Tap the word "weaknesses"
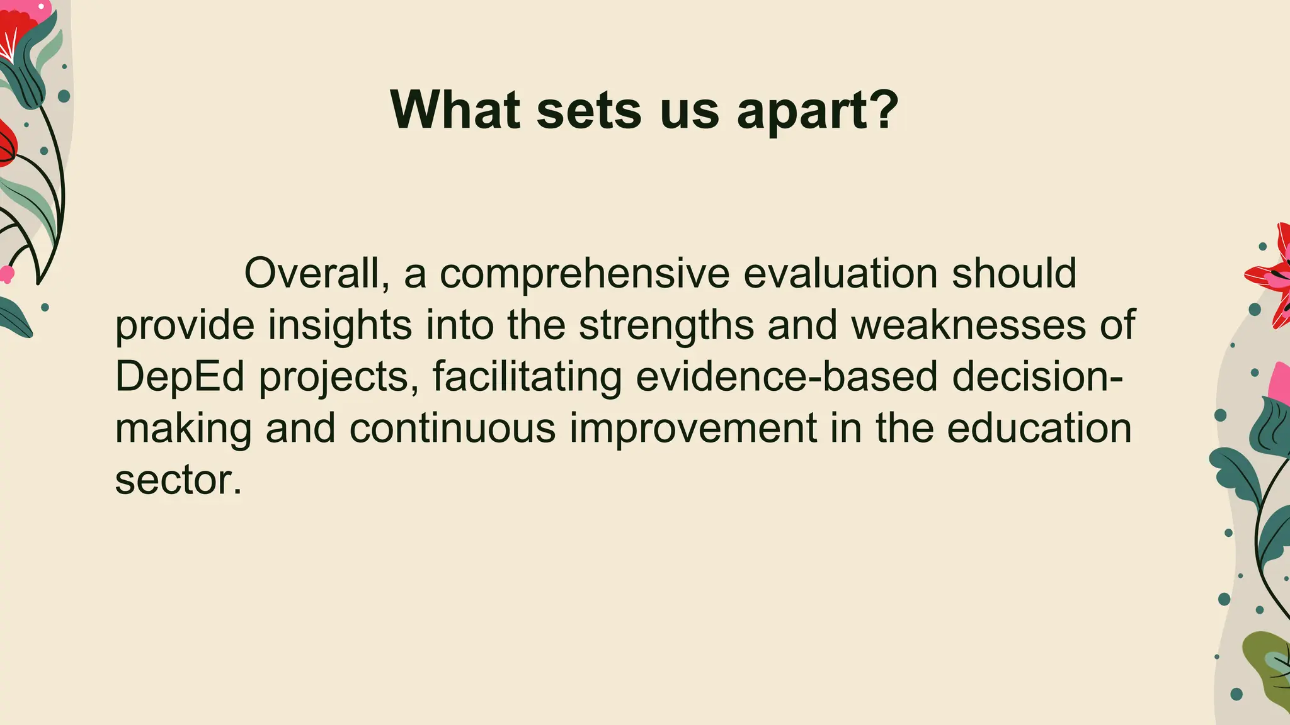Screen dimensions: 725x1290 point(969,325)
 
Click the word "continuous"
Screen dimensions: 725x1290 point(452,429)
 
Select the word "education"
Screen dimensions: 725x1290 point(1039,429)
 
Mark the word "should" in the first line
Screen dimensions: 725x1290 point(1013,274)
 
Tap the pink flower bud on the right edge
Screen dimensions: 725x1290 point(1279,384)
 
